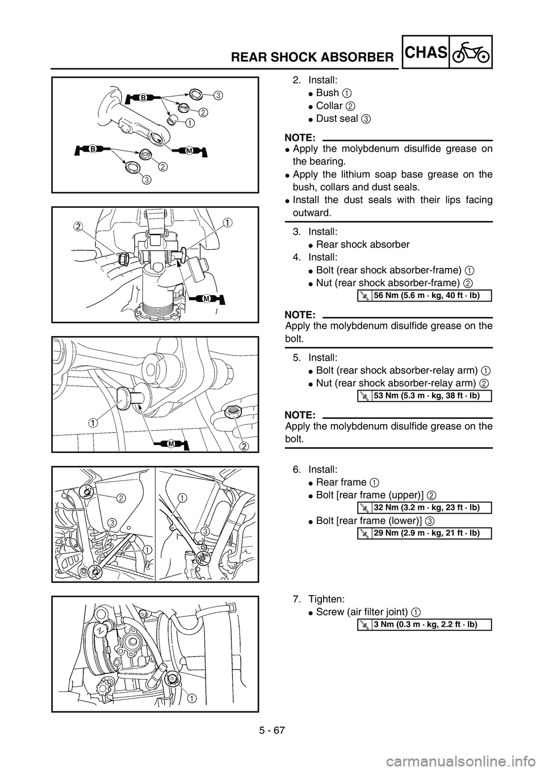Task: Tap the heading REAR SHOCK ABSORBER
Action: [x=312, y=57]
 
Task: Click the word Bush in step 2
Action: [x=327, y=93]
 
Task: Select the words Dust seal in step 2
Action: [x=337, y=119]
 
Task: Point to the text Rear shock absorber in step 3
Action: [x=363, y=244]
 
